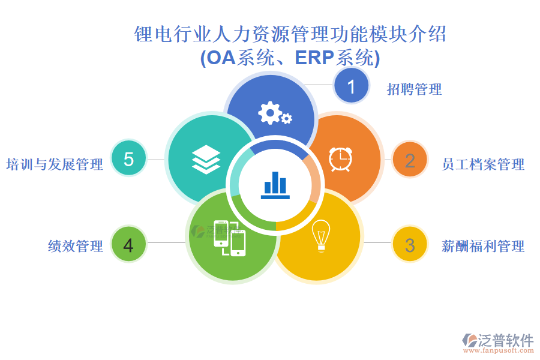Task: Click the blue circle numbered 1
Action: [351, 85]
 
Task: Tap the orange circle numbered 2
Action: [410, 160]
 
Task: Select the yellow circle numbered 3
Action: [410, 244]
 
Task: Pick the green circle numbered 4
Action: [128, 244]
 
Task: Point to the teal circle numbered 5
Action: [128, 158]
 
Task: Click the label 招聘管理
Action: [414, 89]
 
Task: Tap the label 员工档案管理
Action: [483, 164]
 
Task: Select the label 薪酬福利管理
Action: [483, 247]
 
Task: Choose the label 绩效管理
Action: [76, 247]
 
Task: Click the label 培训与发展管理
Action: [55, 164]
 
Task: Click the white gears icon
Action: [274, 113]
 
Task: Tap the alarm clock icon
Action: [340, 159]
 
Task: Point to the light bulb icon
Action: [321, 236]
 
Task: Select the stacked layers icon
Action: [206, 160]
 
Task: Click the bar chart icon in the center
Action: [275, 185]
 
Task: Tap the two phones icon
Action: [230, 238]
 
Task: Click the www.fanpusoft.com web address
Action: [499, 350]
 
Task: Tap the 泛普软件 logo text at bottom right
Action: [506, 340]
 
